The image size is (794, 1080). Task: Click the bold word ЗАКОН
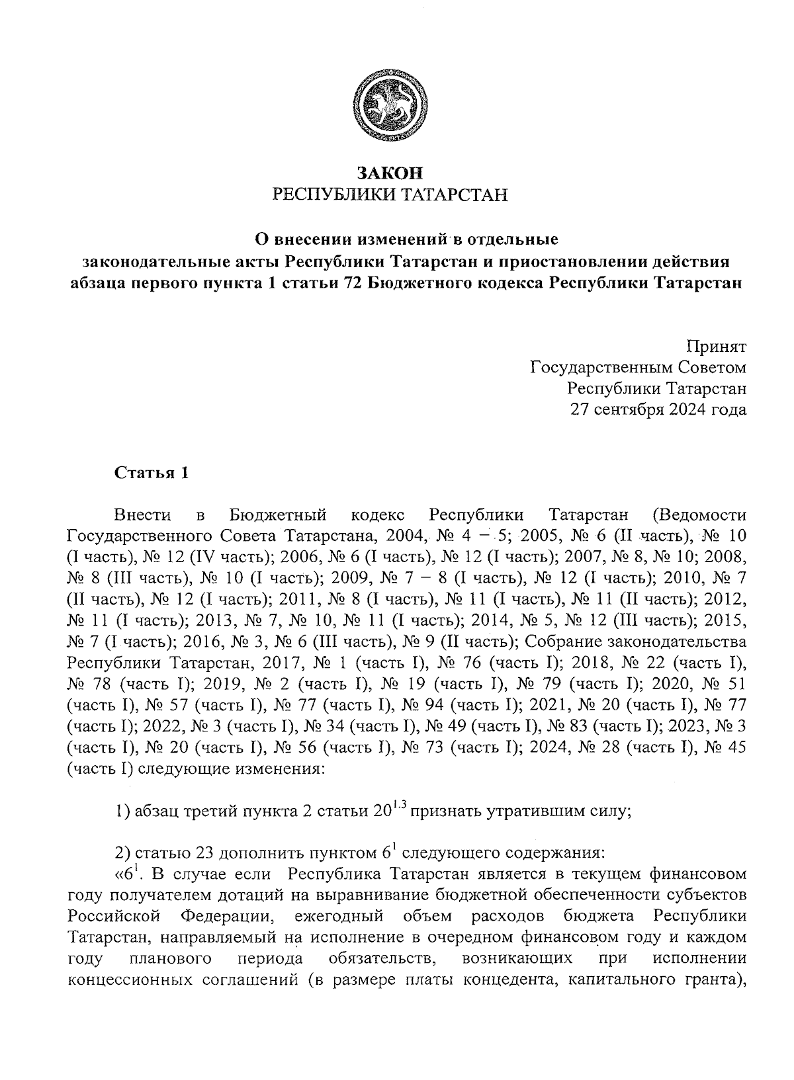click(389, 173)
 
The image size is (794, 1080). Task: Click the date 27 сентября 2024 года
click(658, 409)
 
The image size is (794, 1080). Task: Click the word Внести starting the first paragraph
click(143, 515)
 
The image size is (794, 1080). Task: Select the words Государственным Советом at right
click(639, 367)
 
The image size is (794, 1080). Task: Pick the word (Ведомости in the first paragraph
click(699, 515)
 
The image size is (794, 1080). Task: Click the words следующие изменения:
click(231, 769)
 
